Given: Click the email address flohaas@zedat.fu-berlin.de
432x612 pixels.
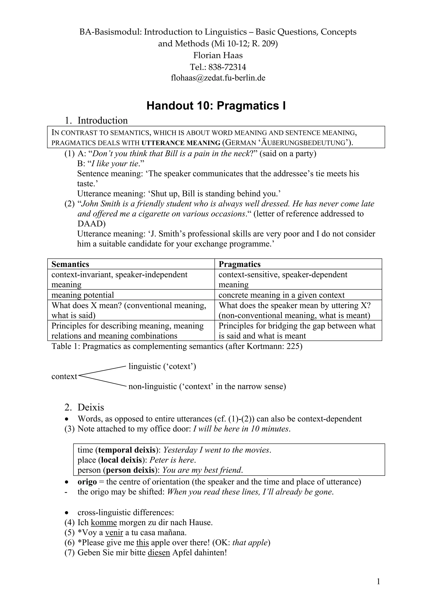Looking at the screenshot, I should tap(218, 78).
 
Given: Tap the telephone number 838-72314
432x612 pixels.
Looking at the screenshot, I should tap(227, 67).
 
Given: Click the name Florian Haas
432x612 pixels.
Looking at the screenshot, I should tap(218, 56).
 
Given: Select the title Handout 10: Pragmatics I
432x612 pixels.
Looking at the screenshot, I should tap(216, 106).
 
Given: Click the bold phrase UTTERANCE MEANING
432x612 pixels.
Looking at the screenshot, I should tap(181, 143).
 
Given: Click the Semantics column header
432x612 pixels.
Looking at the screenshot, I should tap(70, 264).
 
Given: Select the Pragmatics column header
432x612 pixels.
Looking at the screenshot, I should tap(239, 264).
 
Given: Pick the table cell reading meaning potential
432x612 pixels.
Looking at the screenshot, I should tap(82, 295).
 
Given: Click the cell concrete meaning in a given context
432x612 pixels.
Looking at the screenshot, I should tap(281, 295).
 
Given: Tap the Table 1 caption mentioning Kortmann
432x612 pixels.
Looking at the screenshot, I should tap(177, 346).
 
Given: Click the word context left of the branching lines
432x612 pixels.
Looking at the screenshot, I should tap(64, 376).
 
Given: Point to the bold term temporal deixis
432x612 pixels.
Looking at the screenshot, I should tap(127, 450).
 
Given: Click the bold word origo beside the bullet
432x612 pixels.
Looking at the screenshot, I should tap(87, 482).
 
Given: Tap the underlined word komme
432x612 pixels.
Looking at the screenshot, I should tap(104, 523).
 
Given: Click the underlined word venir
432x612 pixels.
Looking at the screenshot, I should tap(114, 533).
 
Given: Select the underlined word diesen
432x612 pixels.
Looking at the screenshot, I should tap(159, 553).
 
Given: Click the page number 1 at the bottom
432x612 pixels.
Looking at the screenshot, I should tap(378, 582).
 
